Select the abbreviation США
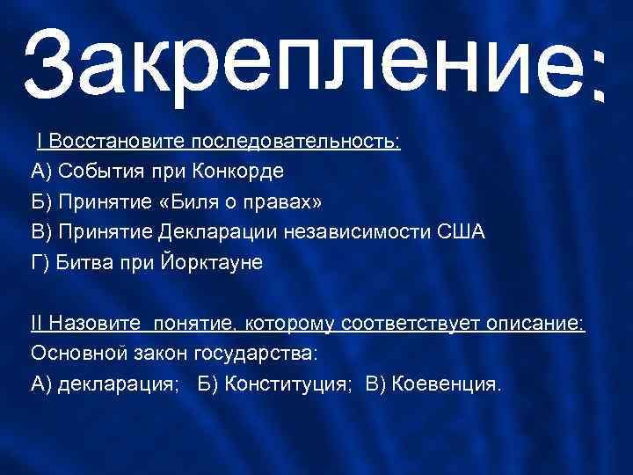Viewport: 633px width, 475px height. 461,232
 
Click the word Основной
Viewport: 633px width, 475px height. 74,354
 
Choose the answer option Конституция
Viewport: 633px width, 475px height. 290,384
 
